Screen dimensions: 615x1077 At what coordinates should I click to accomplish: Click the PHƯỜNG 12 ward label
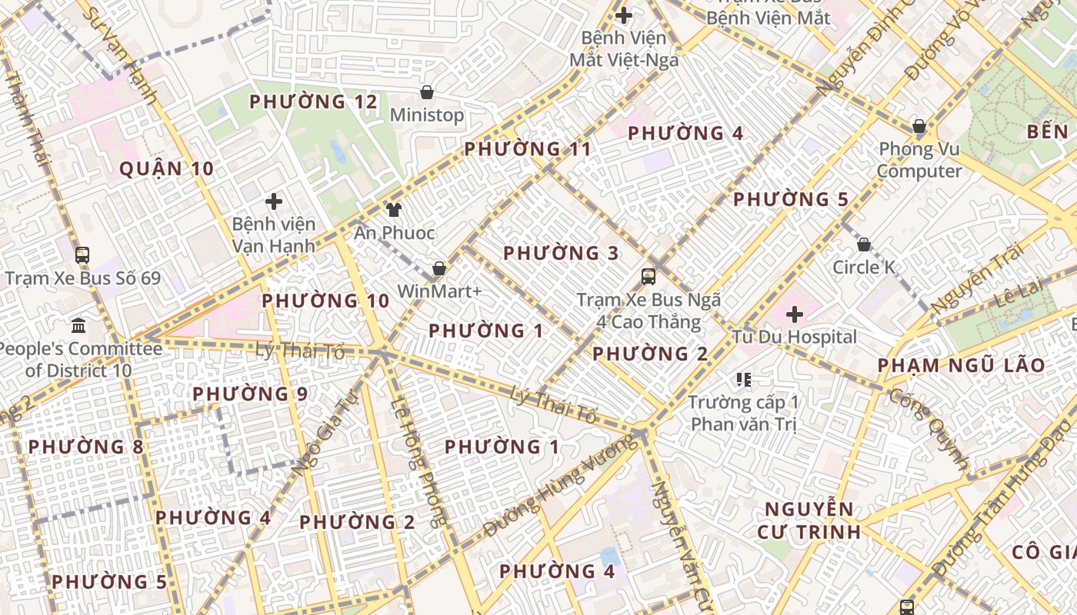click(x=314, y=101)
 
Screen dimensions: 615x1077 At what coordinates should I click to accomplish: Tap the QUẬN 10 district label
click(x=166, y=169)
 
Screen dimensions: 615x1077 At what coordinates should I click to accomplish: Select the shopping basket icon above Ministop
click(x=427, y=93)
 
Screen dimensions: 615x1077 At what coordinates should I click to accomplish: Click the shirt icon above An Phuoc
click(x=394, y=210)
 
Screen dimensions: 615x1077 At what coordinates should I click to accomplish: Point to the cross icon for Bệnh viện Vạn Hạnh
click(x=273, y=201)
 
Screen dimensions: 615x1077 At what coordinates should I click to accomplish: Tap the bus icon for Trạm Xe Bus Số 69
click(x=82, y=255)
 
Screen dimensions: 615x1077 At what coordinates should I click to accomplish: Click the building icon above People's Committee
click(x=78, y=326)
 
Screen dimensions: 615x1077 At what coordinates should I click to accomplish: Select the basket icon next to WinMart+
click(x=439, y=268)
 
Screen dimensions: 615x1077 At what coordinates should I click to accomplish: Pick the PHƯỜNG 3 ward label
click(x=561, y=253)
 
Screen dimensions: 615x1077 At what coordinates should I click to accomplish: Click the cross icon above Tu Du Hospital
click(x=795, y=314)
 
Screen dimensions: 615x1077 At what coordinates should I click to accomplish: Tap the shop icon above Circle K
click(x=864, y=244)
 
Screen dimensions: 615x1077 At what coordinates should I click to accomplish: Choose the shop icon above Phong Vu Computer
click(x=919, y=126)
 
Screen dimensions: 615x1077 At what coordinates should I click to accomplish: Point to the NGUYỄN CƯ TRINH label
click(x=809, y=520)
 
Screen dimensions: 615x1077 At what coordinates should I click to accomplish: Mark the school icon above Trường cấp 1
click(x=743, y=379)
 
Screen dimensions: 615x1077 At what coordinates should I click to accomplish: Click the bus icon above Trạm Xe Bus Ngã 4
click(x=649, y=276)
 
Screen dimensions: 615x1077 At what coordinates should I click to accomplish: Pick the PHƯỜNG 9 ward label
click(x=249, y=394)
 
